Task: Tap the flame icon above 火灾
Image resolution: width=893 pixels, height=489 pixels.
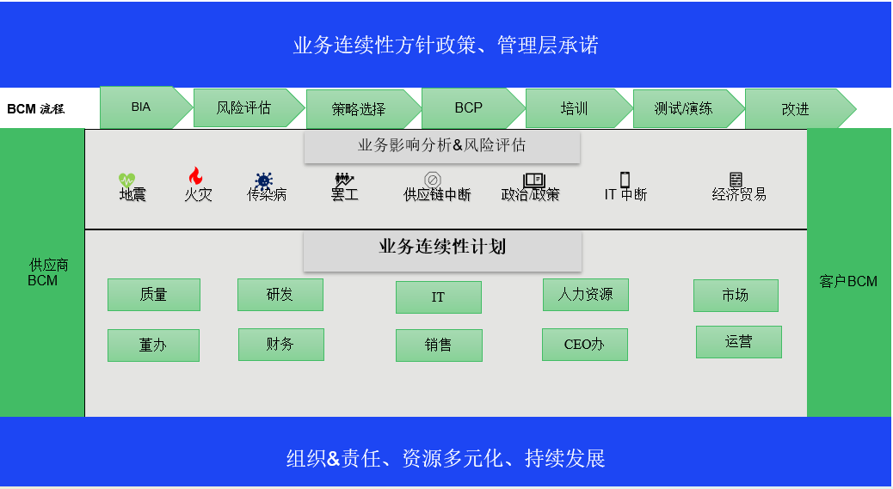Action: click(195, 176)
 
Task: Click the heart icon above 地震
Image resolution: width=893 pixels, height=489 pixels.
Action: click(127, 180)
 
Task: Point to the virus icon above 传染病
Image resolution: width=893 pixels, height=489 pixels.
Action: click(263, 180)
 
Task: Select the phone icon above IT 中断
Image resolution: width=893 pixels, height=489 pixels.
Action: click(625, 180)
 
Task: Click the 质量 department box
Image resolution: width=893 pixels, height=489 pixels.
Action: click(153, 295)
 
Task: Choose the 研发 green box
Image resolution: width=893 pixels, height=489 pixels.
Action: click(280, 295)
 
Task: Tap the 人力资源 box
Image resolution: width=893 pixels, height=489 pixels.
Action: click(585, 295)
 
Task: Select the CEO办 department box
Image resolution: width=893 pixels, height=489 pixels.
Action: click(584, 345)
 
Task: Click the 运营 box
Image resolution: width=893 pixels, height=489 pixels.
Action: click(738, 342)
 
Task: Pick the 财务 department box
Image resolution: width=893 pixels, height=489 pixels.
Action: click(280, 345)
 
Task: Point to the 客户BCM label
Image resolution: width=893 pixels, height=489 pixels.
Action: click(848, 281)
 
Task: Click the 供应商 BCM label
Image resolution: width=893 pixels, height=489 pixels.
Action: click(45, 272)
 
